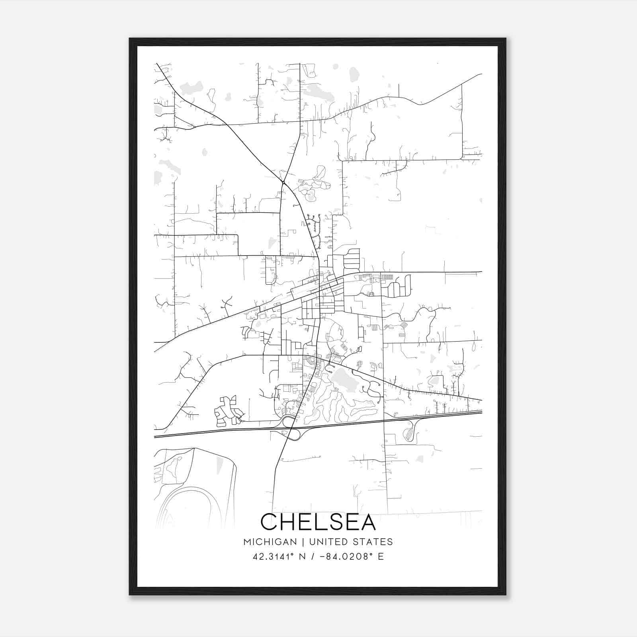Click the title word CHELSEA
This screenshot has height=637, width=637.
pyautogui.click(x=318, y=522)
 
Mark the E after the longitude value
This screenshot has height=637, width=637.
pyautogui.click(x=381, y=557)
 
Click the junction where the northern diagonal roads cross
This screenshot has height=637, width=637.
pyautogui.click(x=282, y=183)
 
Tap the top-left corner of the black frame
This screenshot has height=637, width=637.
pyautogui.click(x=130, y=39)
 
